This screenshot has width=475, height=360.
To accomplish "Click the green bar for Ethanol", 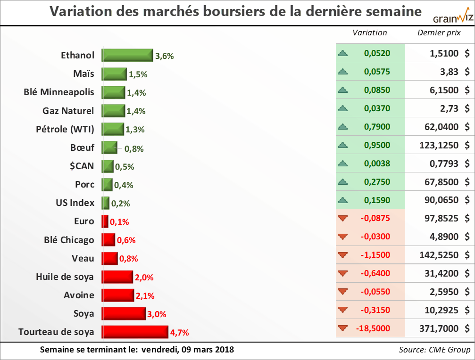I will (x=127, y=55).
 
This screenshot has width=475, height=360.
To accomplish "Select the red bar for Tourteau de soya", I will (x=135, y=332).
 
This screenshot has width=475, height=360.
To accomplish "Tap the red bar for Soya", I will (x=124, y=313).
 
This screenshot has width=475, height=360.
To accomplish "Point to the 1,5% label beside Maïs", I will (x=138, y=74).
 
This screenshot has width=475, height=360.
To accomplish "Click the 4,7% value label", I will (x=180, y=333).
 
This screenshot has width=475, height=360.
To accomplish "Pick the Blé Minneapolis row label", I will (x=59, y=92).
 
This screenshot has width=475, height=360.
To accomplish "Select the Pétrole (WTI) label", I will (x=65, y=129).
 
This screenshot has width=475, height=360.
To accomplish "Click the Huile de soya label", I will (x=65, y=277).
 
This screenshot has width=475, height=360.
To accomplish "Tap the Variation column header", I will (x=370, y=33).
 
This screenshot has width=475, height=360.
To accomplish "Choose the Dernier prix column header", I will (x=439, y=33).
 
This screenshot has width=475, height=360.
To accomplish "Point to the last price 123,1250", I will (x=439, y=145).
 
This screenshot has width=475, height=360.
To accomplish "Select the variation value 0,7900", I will (x=377, y=127).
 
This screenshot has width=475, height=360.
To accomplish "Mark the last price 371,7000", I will (x=439, y=328).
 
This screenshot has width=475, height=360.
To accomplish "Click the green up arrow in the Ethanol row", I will (x=343, y=53).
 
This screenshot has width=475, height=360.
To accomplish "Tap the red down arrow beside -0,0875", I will (x=343, y=218).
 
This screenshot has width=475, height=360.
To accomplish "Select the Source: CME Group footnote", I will (x=434, y=350).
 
